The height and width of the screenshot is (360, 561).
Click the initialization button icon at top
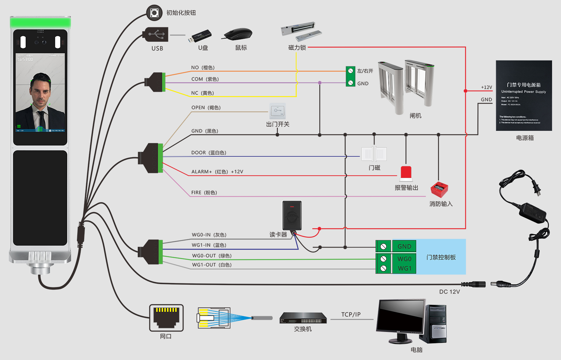[x=154, y=13]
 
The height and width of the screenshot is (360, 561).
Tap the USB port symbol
[x=156, y=34]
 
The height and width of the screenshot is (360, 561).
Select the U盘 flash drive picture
[x=200, y=36]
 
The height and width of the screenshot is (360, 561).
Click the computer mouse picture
[x=238, y=34]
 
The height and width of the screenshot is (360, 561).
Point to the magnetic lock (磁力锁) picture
[x=301, y=31]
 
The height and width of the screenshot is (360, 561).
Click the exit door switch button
[x=278, y=111]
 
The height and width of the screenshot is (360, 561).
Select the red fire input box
[x=439, y=189]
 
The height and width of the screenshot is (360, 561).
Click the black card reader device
[x=292, y=216]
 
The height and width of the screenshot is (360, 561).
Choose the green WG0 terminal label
[x=404, y=259]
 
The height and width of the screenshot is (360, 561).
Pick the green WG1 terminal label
[x=404, y=269]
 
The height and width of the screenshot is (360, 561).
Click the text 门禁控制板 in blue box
[x=441, y=257]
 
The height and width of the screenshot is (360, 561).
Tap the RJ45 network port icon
[x=166, y=318]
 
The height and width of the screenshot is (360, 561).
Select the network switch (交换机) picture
[x=303, y=318]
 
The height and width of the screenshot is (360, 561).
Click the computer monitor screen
[x=401, y=316]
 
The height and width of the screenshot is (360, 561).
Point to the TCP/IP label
[x=351, y=315]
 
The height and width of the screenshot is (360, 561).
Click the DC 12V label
[x=450, y=292]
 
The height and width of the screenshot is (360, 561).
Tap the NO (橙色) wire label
[x=203, y=68]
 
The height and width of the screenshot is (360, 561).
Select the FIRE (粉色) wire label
[x=204, y=193]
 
